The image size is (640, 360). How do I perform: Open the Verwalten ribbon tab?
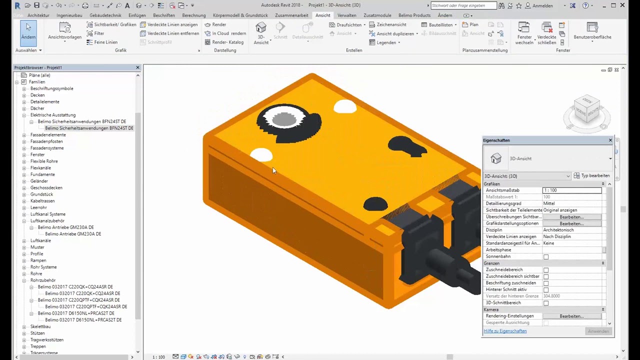[346, 15]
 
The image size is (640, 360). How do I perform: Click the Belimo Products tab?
[414, 15]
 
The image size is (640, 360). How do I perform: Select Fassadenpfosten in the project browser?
[46, 141]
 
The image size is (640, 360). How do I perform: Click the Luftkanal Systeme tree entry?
[47, 214]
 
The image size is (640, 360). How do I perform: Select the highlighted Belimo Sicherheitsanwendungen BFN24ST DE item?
[89, 128]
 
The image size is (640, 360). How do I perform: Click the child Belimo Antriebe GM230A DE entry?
[73, 234]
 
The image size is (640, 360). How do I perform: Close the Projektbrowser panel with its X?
[138, 67]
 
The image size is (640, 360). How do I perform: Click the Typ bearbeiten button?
[592, 176]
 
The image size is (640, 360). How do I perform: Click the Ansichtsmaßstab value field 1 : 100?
[572, 190]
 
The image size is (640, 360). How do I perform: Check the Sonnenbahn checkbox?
[546, 257]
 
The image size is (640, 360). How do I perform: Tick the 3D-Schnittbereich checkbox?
[546, 303]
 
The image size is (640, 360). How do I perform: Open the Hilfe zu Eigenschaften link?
[505, 331]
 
